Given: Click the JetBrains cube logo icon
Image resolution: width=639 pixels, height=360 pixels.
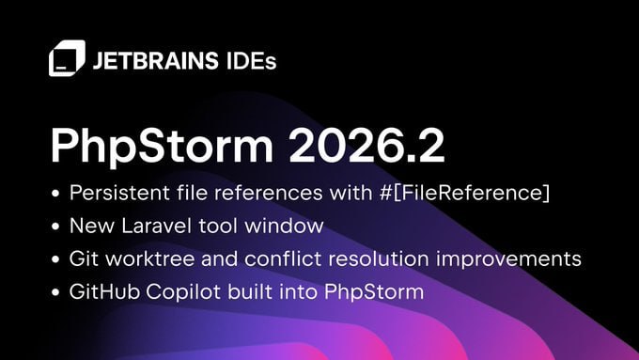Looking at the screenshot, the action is click(x=68, y=58).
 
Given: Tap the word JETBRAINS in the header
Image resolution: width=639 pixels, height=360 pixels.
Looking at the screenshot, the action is click(x=156, y=61).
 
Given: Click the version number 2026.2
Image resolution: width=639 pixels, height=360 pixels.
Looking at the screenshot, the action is click(x=366, y=146).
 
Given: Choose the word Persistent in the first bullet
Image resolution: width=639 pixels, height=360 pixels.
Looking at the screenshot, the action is click(x=119, y=193).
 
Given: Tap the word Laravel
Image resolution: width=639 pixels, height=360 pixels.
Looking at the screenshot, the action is click(x=157, y=226).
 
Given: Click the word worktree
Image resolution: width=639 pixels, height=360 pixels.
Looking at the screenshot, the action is click(x=150, y=258).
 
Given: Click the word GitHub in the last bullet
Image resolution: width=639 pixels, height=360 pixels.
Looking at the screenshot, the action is click(x=104, y=292).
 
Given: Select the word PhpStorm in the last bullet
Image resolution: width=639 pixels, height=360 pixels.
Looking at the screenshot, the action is click(x=374, y=292).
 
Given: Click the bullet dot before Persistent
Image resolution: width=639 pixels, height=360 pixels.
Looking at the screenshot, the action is click(x=55, y=194).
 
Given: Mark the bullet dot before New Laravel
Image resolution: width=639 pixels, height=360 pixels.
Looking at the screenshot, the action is click(x=55, y=227).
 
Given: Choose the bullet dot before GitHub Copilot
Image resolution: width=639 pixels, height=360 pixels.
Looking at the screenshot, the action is click(x=55, y=293).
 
